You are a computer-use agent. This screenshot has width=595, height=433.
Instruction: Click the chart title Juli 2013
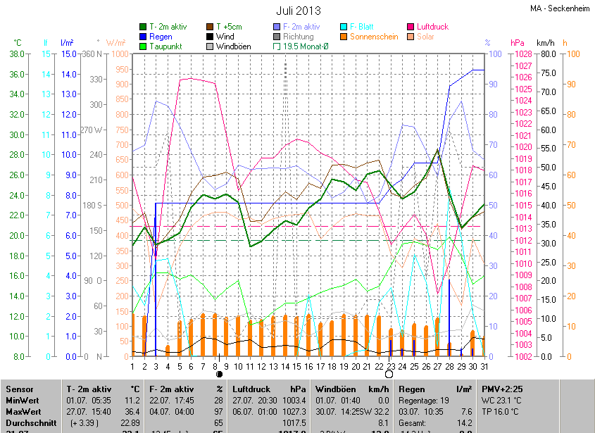pos(298,11)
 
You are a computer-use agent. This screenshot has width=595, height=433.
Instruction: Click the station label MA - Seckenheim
pos(560,9)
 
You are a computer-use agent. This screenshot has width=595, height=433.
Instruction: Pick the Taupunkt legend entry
pos(166,46)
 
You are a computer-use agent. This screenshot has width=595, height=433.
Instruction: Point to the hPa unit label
pos(518,43)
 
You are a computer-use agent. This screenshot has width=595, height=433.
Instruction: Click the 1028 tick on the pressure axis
pos(522,54)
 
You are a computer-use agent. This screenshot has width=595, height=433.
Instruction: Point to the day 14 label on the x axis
pos(285,366)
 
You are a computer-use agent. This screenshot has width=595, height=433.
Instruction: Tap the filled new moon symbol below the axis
pos(219,375)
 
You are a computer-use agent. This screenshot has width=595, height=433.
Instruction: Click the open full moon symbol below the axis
pos(389,375)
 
